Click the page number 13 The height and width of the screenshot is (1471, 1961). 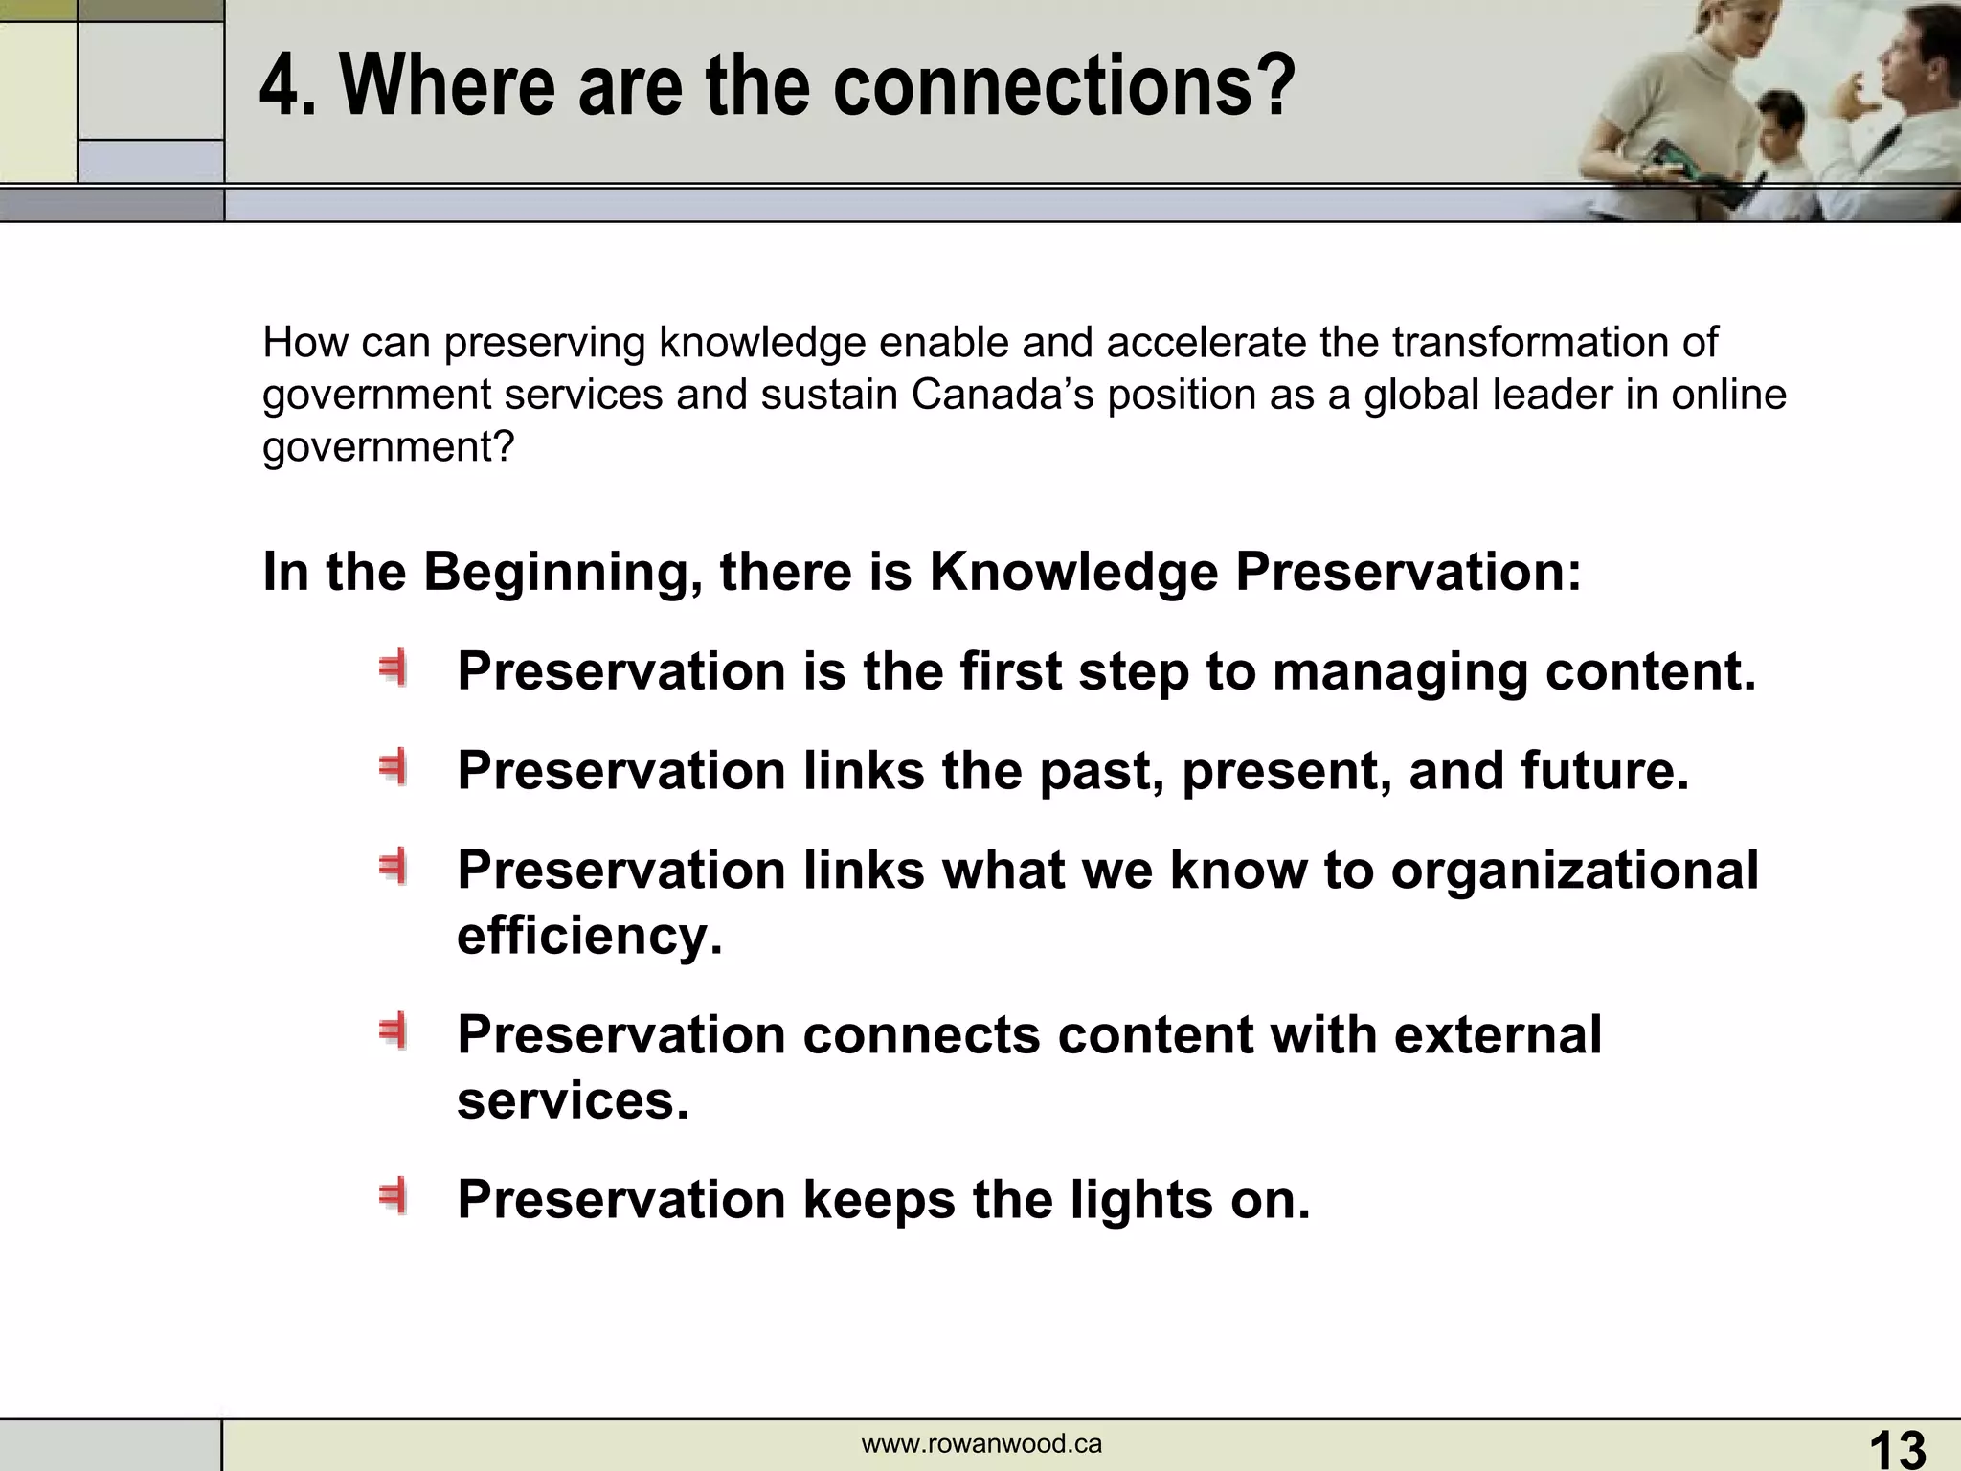point(1897,1448)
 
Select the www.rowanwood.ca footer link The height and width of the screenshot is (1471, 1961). point(981,1444)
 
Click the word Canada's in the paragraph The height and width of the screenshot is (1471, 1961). point(1002,395)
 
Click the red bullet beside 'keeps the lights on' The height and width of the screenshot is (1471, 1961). point(393,1196)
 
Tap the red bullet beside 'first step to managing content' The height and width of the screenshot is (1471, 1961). point(393,668)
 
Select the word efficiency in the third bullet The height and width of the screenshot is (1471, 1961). point(588,935)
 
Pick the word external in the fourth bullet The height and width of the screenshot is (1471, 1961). point(1497,1035)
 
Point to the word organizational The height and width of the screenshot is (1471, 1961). point(1574,870)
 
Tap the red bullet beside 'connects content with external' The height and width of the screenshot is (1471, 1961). point(393,1031)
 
